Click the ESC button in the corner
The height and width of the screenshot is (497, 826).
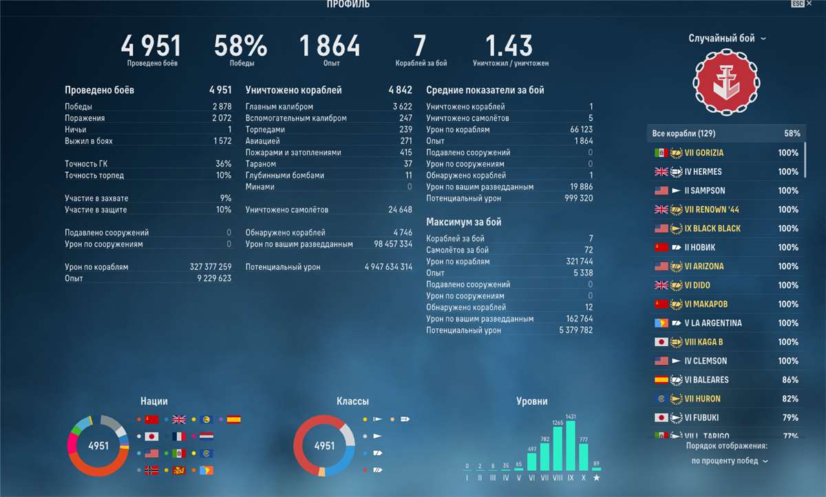[798, 4]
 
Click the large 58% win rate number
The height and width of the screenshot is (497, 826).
[240, 46]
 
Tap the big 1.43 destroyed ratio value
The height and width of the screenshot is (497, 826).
[509, 46]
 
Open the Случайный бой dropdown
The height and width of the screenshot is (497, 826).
[727, 39]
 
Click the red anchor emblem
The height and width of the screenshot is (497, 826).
[726, 83]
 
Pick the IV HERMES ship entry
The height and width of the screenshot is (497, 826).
[703, 171]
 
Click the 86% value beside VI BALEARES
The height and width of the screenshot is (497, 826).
[788, 380]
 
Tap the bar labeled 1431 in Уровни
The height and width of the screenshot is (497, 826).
[571, 445]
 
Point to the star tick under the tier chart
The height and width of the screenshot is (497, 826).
[596, 477]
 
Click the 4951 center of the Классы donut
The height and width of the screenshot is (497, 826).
[324, 446]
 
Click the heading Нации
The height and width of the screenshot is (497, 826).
[154, 401]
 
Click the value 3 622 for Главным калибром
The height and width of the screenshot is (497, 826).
[402, 107]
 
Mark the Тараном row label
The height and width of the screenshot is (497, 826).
[261, 164]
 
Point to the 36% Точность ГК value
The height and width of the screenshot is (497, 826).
[223, 164]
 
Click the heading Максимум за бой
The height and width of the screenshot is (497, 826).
[464, 222]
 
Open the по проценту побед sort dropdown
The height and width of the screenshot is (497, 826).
[730, 461]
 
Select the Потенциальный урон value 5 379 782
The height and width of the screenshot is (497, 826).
[575, 330]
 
